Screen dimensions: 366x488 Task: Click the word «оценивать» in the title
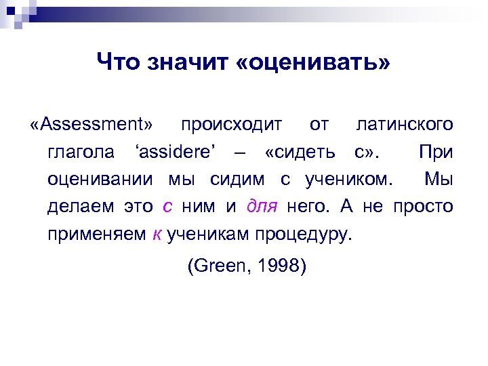[x=315, y=63]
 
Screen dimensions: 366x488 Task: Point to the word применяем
[x=96, y=234]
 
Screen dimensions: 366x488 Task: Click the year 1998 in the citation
[x=281, y=266]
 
